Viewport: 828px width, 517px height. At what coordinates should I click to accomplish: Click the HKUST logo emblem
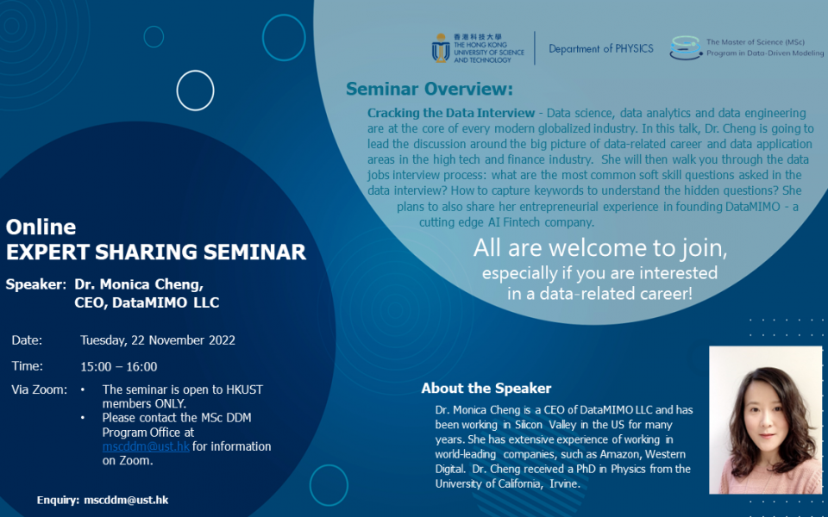[x=441, y=48]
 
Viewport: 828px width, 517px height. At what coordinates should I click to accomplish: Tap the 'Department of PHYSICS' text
[x=601, y=49]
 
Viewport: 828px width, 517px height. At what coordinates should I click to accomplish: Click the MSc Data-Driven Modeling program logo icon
[x=686, y=47]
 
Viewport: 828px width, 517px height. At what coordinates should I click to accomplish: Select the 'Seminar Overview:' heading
[x=429, y=90]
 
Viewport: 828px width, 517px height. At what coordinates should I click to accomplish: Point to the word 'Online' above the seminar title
[x=41, y=227]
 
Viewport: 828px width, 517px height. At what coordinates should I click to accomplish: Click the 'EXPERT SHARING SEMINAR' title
[x=155, y=252]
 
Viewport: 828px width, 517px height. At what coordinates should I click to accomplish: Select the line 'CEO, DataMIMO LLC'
[x=147, y=302]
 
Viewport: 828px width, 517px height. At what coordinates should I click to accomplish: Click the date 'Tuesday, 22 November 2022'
[x=158, y=339]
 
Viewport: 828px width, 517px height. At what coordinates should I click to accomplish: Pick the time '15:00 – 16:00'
[x=119, y=366]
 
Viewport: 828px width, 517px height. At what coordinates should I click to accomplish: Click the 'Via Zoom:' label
[x=39, y=389]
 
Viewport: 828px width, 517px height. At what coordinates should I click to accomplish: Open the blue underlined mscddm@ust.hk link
[x=146, y=446]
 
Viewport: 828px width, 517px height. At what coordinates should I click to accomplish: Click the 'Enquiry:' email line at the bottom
[x=102, y=500]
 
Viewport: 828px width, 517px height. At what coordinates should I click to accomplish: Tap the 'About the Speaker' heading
[x=486, y=388]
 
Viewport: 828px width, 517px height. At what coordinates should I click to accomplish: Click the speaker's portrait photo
[x=765, y=420]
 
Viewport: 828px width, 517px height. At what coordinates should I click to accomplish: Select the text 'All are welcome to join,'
[x=600, y=248]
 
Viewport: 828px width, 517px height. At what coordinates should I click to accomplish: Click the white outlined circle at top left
[x=195, y=90]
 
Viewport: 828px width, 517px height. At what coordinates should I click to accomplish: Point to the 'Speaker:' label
[x=35, y=283]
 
